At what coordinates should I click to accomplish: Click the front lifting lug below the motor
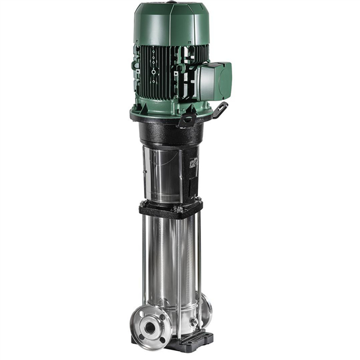185,121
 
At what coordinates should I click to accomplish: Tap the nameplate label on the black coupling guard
193,165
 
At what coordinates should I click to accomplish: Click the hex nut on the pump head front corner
178,209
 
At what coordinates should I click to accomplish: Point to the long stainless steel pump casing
171,264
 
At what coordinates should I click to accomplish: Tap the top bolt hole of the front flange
151,310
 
